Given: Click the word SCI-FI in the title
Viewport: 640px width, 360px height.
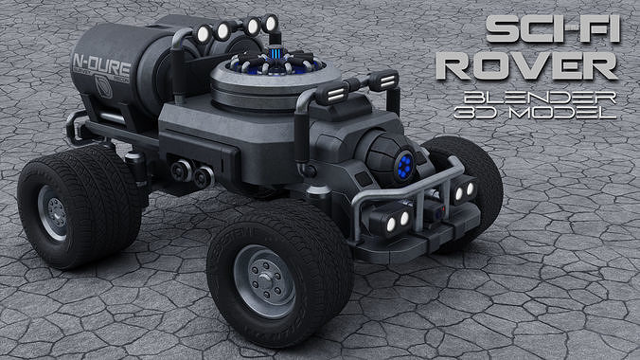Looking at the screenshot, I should (553, 31).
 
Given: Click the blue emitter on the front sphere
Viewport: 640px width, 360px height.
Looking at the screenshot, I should (405, 165).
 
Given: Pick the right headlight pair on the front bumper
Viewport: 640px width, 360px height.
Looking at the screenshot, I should (464, 192).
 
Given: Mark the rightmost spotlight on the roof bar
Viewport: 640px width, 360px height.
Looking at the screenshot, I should (271, 23).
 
